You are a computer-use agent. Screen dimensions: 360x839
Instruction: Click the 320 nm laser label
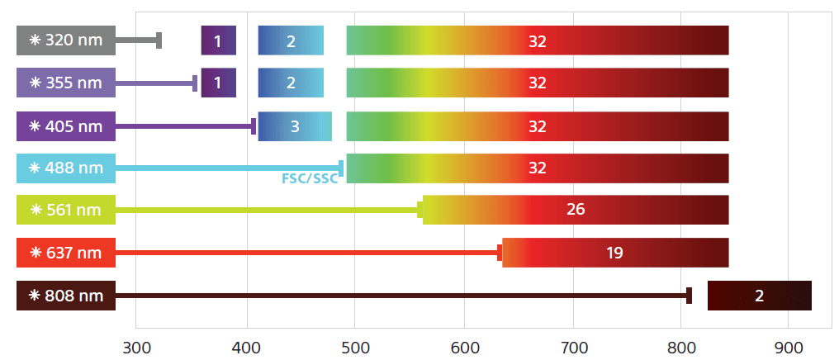coord(66,40)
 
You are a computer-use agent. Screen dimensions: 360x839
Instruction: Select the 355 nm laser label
coord(66,83)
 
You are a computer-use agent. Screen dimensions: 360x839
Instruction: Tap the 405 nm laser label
coord(66,126)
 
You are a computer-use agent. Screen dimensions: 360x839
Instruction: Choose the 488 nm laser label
coord(66,168)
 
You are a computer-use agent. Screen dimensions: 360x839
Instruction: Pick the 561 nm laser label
coord(66,210)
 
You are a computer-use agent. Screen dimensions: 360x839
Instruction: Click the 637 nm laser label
coord(66,253)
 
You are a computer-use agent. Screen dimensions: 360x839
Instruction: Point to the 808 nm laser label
coord(66,296)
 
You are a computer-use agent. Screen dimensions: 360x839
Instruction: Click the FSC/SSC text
coord(310,178)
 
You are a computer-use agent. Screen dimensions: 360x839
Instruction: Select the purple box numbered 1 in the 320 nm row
coord(218,40)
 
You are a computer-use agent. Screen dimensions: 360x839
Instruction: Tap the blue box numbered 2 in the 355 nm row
coord(291,83)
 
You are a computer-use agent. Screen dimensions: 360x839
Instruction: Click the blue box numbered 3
coord(295,126)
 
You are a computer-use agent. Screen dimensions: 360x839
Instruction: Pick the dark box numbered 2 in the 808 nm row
coord(760,296)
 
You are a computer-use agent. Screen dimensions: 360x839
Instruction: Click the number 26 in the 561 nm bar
coord(576,210)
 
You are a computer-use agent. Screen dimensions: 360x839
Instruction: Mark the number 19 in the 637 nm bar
coord(614,253)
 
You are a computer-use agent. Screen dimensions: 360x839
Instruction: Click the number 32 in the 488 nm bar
coord(538,168)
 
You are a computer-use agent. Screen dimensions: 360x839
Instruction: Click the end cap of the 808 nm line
coord(689,296)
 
